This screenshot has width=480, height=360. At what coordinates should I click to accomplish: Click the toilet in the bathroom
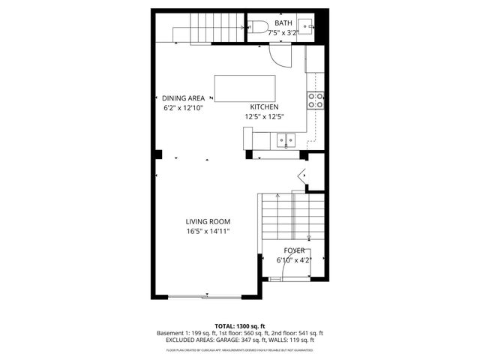tap(258, 28)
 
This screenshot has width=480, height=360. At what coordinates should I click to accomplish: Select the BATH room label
tap(283, 23)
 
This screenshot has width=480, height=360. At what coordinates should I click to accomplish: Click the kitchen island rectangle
tap(244, 88)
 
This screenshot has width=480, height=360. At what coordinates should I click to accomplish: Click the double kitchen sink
tap(285, 139)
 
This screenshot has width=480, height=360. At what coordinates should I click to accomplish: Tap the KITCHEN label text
tap(264, 107)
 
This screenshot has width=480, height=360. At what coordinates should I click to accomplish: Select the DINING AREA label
tap(183, 98)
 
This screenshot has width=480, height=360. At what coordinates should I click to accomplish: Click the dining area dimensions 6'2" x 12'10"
tap(183, 108)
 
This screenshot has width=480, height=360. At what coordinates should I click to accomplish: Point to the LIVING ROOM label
tap(208, 221)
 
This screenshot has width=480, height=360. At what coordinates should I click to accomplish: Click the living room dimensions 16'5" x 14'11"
tap(208, 231)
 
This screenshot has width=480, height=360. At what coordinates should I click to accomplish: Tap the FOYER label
tap(294, 250)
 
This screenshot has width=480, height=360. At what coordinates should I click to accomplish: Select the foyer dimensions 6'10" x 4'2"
tap(294, 260)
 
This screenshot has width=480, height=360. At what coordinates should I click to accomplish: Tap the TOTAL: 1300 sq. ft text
tap(239, 325)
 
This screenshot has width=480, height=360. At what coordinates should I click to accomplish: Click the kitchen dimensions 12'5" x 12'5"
tap(264, 117)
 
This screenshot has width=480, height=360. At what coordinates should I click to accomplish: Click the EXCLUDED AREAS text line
tap(239, 340)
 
